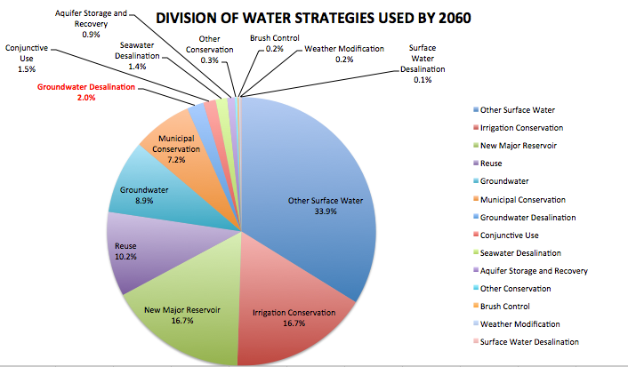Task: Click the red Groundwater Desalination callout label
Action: point(85,92)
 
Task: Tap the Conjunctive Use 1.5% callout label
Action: point(26,57)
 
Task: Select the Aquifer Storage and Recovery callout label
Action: point(91,23)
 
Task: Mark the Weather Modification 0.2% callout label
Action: point(344,54)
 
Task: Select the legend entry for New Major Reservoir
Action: point(518,146)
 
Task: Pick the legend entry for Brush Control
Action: point(504,307)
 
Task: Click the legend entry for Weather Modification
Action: point(519,324)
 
